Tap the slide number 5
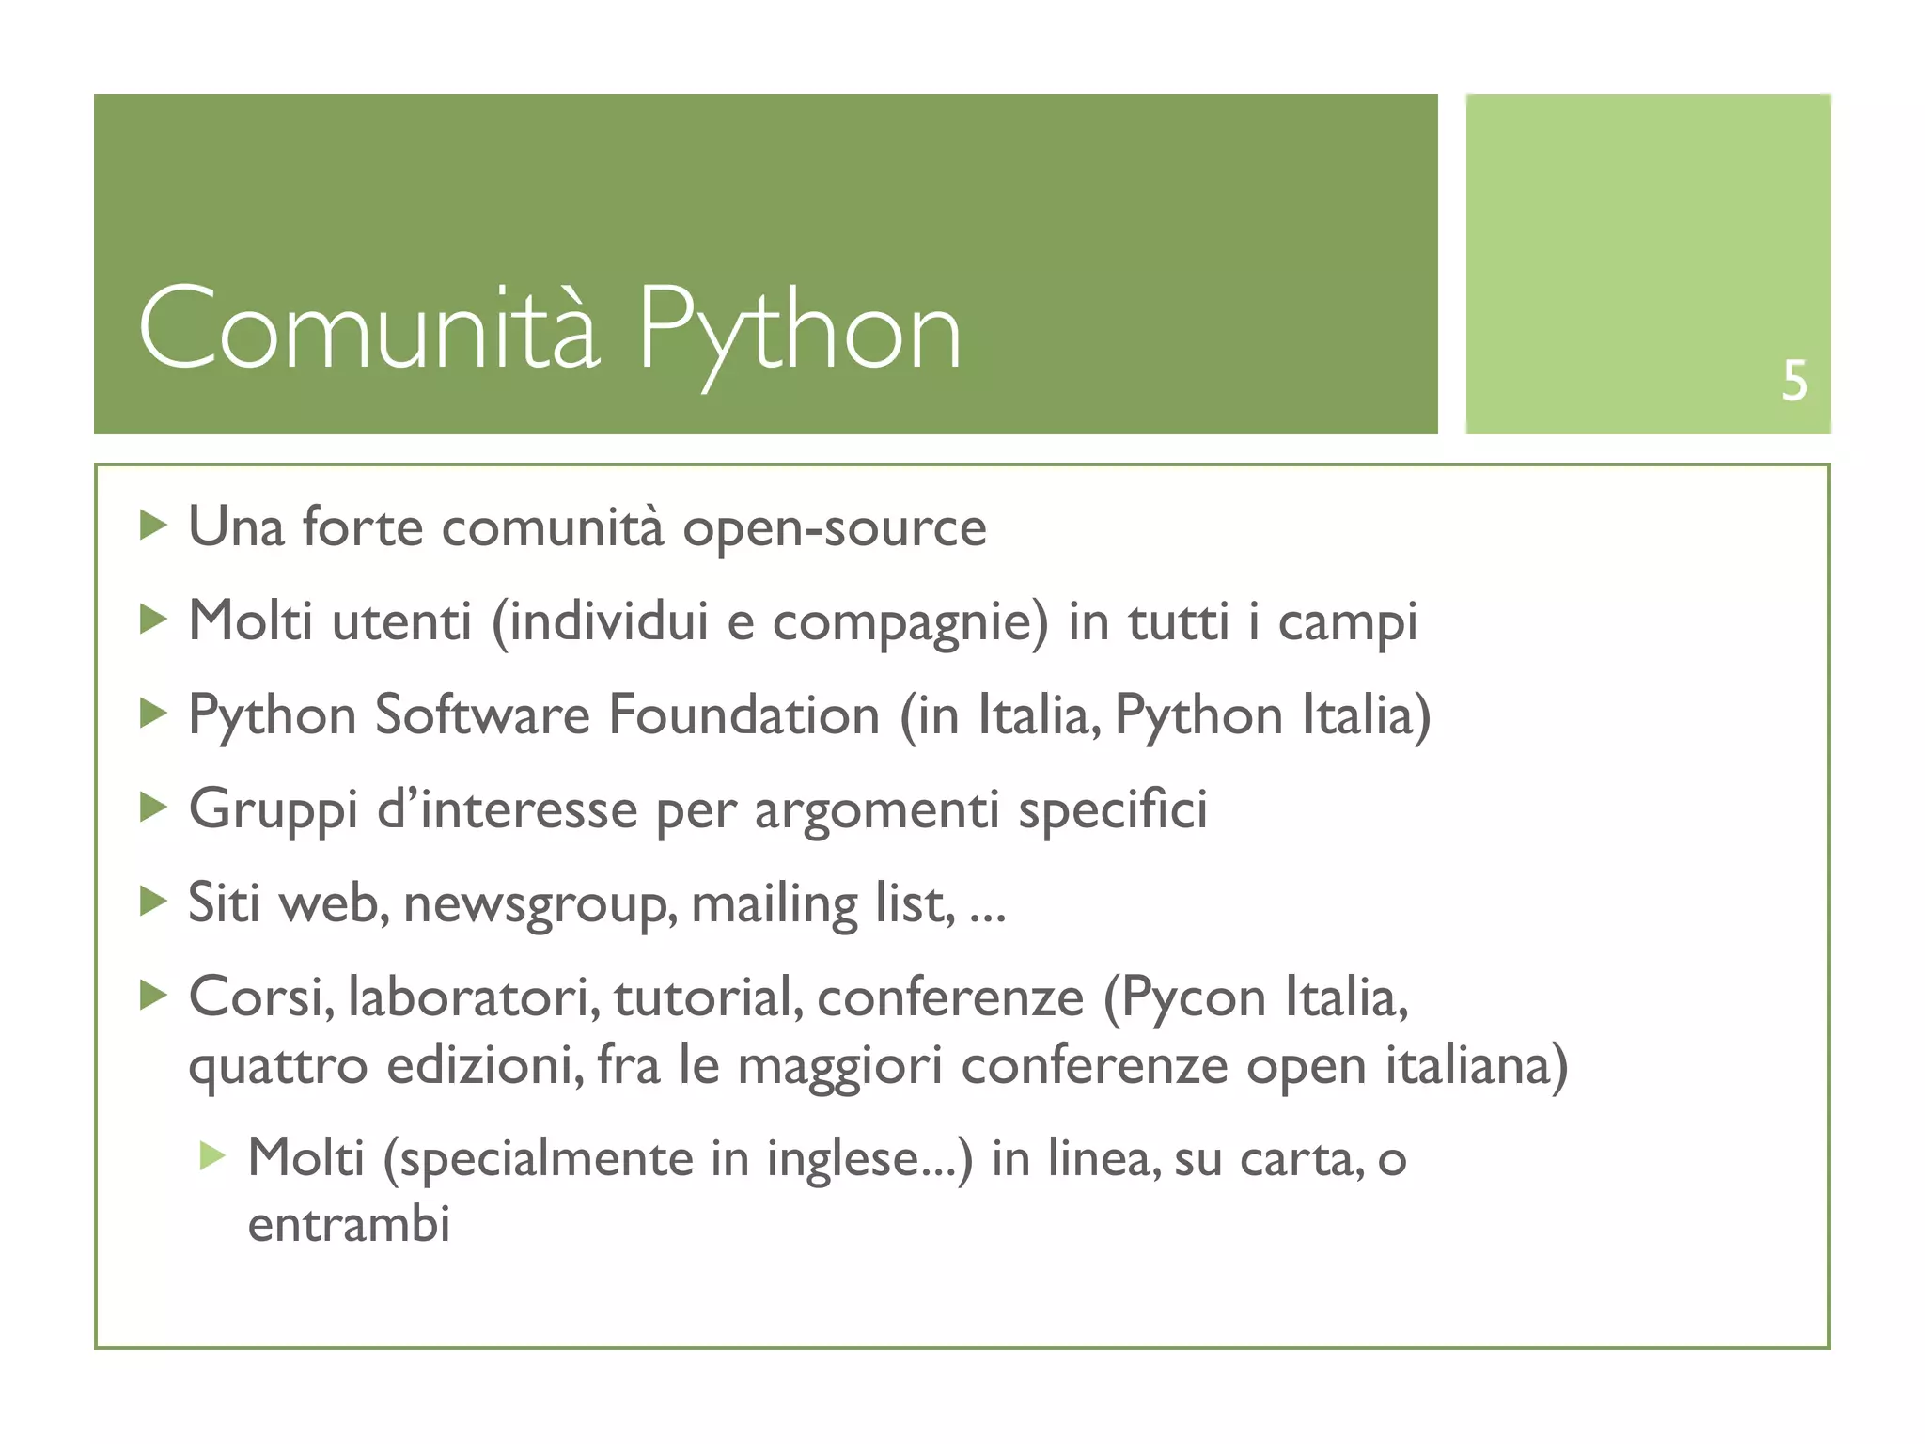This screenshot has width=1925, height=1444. (1793, 381)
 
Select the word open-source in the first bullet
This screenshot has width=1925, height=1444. (835, 528)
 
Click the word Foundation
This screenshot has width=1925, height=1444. (743, 715)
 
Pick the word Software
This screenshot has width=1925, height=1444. (482, 715)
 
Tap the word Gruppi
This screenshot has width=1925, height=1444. (274, 811)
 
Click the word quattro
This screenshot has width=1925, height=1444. (278, 1067)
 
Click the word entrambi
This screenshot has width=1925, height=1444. (349, 1225)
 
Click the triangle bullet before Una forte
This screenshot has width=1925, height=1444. (152, 525)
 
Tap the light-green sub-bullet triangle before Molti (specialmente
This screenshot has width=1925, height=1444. (212, 1155)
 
